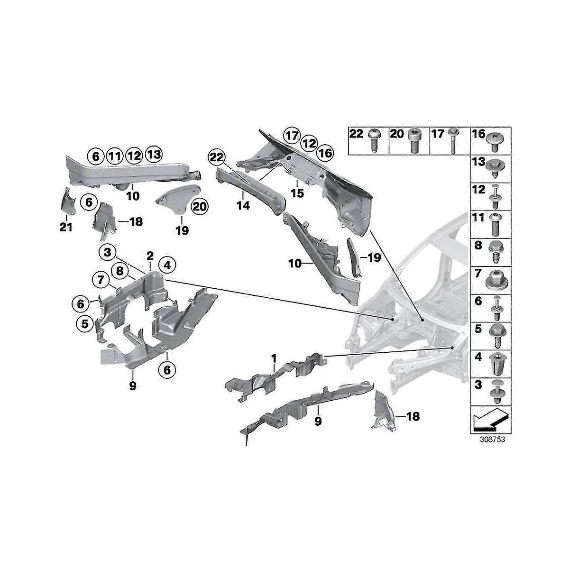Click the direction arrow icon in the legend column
coord(490,420)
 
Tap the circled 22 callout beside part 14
coord(217,158)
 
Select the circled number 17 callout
coord(292,136)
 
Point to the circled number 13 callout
coord(154,154)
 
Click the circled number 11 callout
coord(115,156)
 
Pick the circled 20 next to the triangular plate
coord(200,207)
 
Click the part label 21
coord(66,228)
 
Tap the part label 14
coord(243,205)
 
